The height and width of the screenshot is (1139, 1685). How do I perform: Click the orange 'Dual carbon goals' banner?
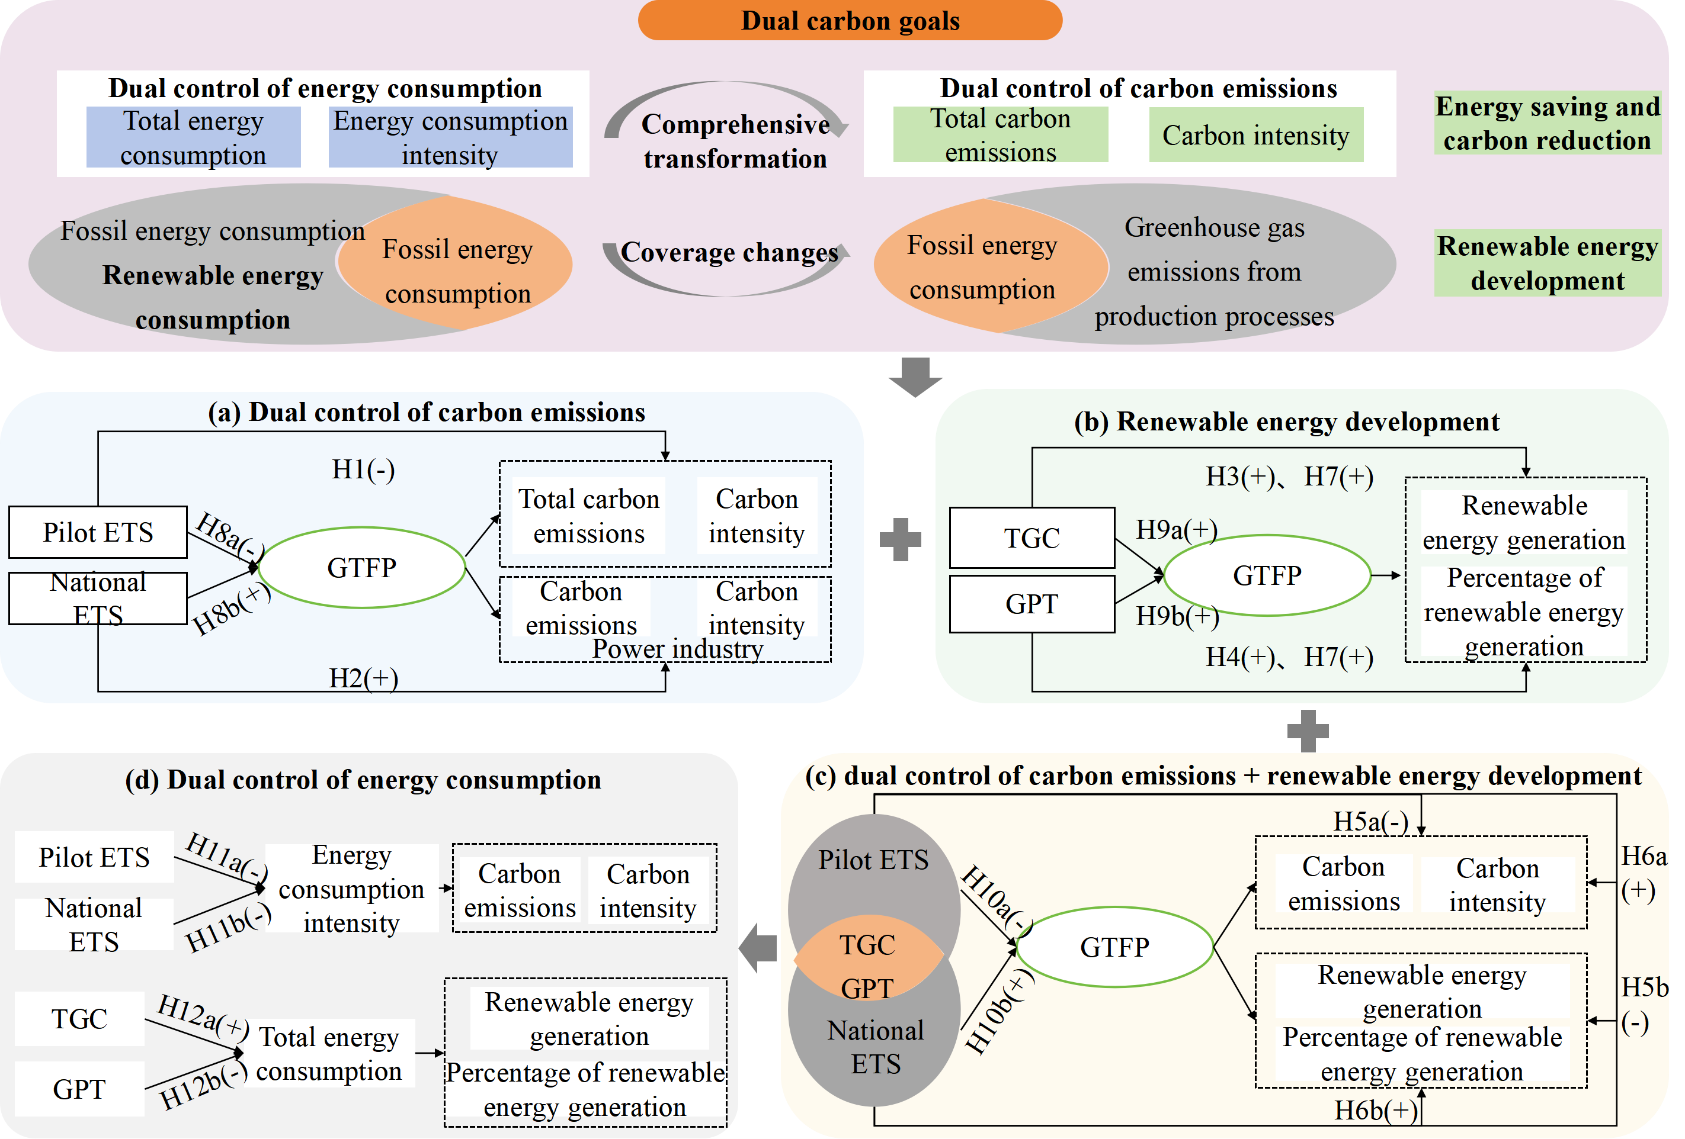coord(850,21)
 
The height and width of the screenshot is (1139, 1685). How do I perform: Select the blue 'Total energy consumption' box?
coord(193,138)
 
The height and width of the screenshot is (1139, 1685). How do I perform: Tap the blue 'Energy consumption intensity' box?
coord(450,138)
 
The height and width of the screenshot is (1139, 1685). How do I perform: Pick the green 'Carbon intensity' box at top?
coord(1256,136)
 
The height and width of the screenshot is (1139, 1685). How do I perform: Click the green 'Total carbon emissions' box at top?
coord(1001,136)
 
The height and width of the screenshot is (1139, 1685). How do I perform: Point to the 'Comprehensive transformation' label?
coord(735,141)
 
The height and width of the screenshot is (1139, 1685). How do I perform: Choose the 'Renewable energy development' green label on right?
coord(1547,263)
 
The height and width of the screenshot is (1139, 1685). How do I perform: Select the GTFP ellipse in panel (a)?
coord(362,567)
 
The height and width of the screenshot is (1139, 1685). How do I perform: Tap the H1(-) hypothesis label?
coord(363,469)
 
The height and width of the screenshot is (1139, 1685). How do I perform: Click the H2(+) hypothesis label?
coord(363,678)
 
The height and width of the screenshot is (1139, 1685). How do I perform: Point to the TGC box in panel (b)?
coord(1031,538)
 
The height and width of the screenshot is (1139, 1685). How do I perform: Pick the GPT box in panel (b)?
coord(1031,604)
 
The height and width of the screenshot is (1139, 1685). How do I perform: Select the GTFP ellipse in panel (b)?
coord(1267,575)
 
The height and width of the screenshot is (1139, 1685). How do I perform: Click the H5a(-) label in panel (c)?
coord(1370,822)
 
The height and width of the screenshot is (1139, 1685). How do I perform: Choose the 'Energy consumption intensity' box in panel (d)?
coord(352,889)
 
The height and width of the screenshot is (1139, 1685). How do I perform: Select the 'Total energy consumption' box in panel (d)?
coord(329,1054)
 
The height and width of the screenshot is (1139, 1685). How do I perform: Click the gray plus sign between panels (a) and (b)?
coord(900,540)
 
